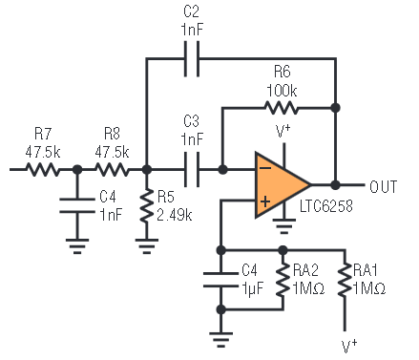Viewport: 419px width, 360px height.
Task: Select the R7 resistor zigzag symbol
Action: click(43, 169)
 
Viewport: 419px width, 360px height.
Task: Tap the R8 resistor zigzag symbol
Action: click(113, 169)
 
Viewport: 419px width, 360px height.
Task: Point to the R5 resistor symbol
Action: click(146, 206)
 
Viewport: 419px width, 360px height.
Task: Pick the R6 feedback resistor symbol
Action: click(282, 108)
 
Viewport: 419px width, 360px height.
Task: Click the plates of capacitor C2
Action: click(192, 59)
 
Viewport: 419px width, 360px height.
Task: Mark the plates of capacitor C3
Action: click(192, 169)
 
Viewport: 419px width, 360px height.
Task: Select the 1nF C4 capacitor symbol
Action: click(77, 205)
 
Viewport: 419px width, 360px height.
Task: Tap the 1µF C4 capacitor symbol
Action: click(220, 280)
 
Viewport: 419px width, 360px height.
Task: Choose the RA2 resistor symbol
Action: click(283, 280)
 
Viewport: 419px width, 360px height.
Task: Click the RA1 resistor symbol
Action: click(345, 280)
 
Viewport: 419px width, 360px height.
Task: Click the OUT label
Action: click(384, 186)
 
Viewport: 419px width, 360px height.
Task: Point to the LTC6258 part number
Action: click(326, 206)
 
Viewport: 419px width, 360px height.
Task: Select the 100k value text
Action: click(282, 91)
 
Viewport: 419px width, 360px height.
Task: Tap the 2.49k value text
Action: click(175, 215)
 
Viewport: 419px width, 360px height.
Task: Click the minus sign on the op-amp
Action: click(265, 168)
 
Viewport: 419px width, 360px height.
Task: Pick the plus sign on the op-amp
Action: click(265, 201)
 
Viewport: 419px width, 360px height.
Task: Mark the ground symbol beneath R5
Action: click(146, 246)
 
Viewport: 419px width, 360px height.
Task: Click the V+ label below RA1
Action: click(349, 347)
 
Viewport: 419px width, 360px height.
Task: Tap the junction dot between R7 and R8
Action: click(77, 169)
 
